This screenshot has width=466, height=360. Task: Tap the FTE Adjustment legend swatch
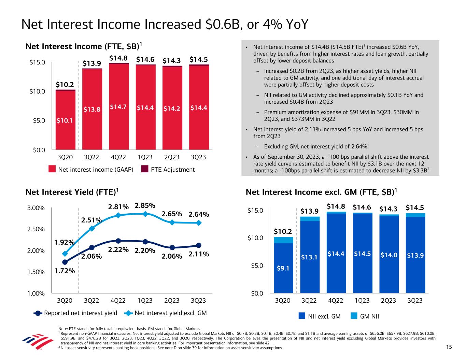point(145,170)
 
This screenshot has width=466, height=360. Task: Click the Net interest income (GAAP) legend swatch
point(52,170)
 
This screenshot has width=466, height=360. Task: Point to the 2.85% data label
point(145,206)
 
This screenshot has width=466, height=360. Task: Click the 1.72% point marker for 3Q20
point(65,262)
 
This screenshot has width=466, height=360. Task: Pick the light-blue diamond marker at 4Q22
point(118,215)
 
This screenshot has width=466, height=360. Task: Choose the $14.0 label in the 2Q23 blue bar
point(389,254)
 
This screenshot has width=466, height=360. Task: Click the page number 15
point(449,347)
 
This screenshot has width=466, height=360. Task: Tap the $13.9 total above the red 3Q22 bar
point(92,63)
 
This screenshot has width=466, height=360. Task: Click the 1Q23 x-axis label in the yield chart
point(145,301)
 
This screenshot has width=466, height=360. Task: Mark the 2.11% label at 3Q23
point(199,254)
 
